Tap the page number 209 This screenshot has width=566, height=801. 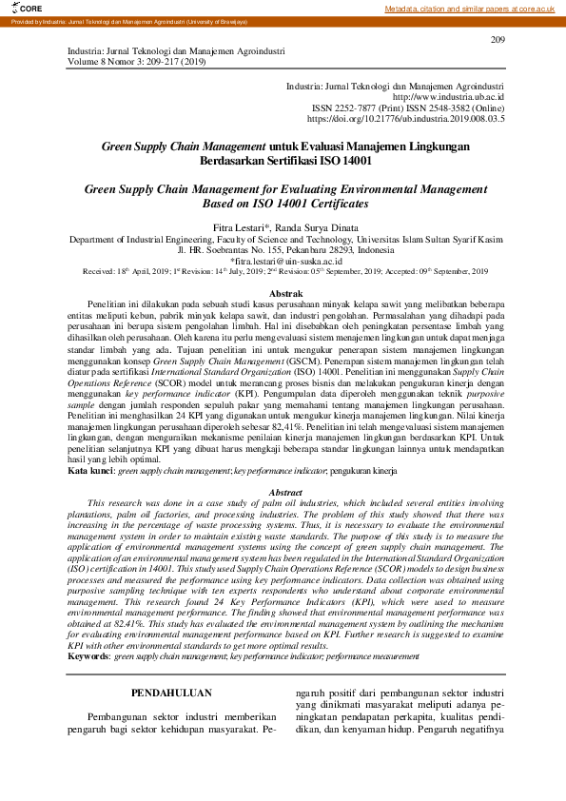[x=497, y=39]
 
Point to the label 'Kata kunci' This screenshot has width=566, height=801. [x=90, y=497]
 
